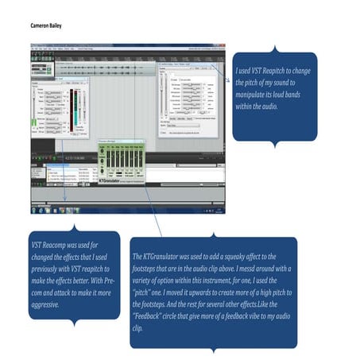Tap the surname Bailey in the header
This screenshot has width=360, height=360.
[55, 26]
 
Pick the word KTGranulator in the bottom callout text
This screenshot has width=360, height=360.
[163, 257]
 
